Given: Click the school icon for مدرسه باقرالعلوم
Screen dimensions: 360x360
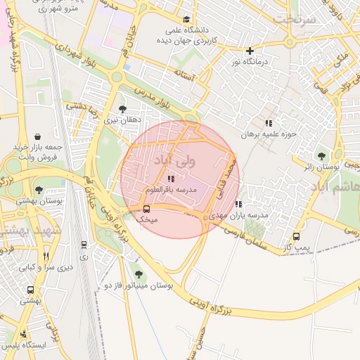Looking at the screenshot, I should click(x=171, y=179).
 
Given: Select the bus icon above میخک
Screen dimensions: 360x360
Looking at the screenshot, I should click(x=146, y=209).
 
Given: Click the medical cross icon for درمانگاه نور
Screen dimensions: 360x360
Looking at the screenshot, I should click(x=250, y=51).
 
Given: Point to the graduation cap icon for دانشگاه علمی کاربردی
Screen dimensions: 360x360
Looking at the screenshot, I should click(x=186, y=20).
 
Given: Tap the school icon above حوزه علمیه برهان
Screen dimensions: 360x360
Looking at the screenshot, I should click(x=268, y=123).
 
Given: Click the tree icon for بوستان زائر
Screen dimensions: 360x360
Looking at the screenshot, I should click(x=321, y=156).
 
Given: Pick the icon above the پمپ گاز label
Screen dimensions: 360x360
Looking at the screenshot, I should click(x=296, y=237).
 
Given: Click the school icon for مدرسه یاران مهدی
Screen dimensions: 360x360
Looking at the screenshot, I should click(x=238, y=204).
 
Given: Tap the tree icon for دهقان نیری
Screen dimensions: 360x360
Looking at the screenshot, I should click(x=123, y=109).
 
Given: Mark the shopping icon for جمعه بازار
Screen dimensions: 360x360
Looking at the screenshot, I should click(x=37, y=135).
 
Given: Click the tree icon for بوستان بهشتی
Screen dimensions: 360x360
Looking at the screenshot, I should click(x=39, y=190).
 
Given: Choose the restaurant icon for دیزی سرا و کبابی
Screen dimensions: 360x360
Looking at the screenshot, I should click(x=46, y=256).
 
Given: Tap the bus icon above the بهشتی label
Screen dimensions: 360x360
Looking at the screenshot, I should click(x=30, y=290).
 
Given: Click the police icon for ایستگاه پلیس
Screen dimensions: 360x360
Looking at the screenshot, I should click(x=24, y=334).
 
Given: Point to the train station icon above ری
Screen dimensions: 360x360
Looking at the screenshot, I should click(x=84, y=245).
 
